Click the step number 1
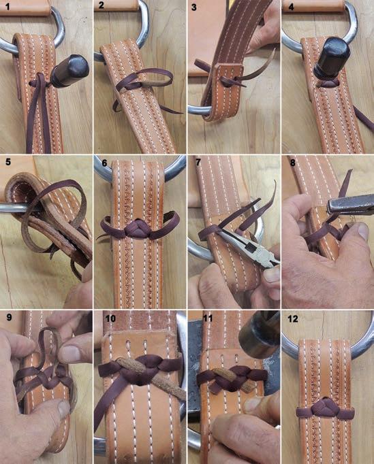click(x=7, y=6)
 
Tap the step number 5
click(x=8, y=162)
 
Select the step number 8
click(x=293, y=163)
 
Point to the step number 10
click(x=110, y=318)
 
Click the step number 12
click(x=293, y=318)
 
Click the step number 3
click(x=194, y=7)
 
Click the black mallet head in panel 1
click(x=70, y=71)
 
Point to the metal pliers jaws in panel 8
click(x=350, y=204)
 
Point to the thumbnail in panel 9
click(x=64, y=408)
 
